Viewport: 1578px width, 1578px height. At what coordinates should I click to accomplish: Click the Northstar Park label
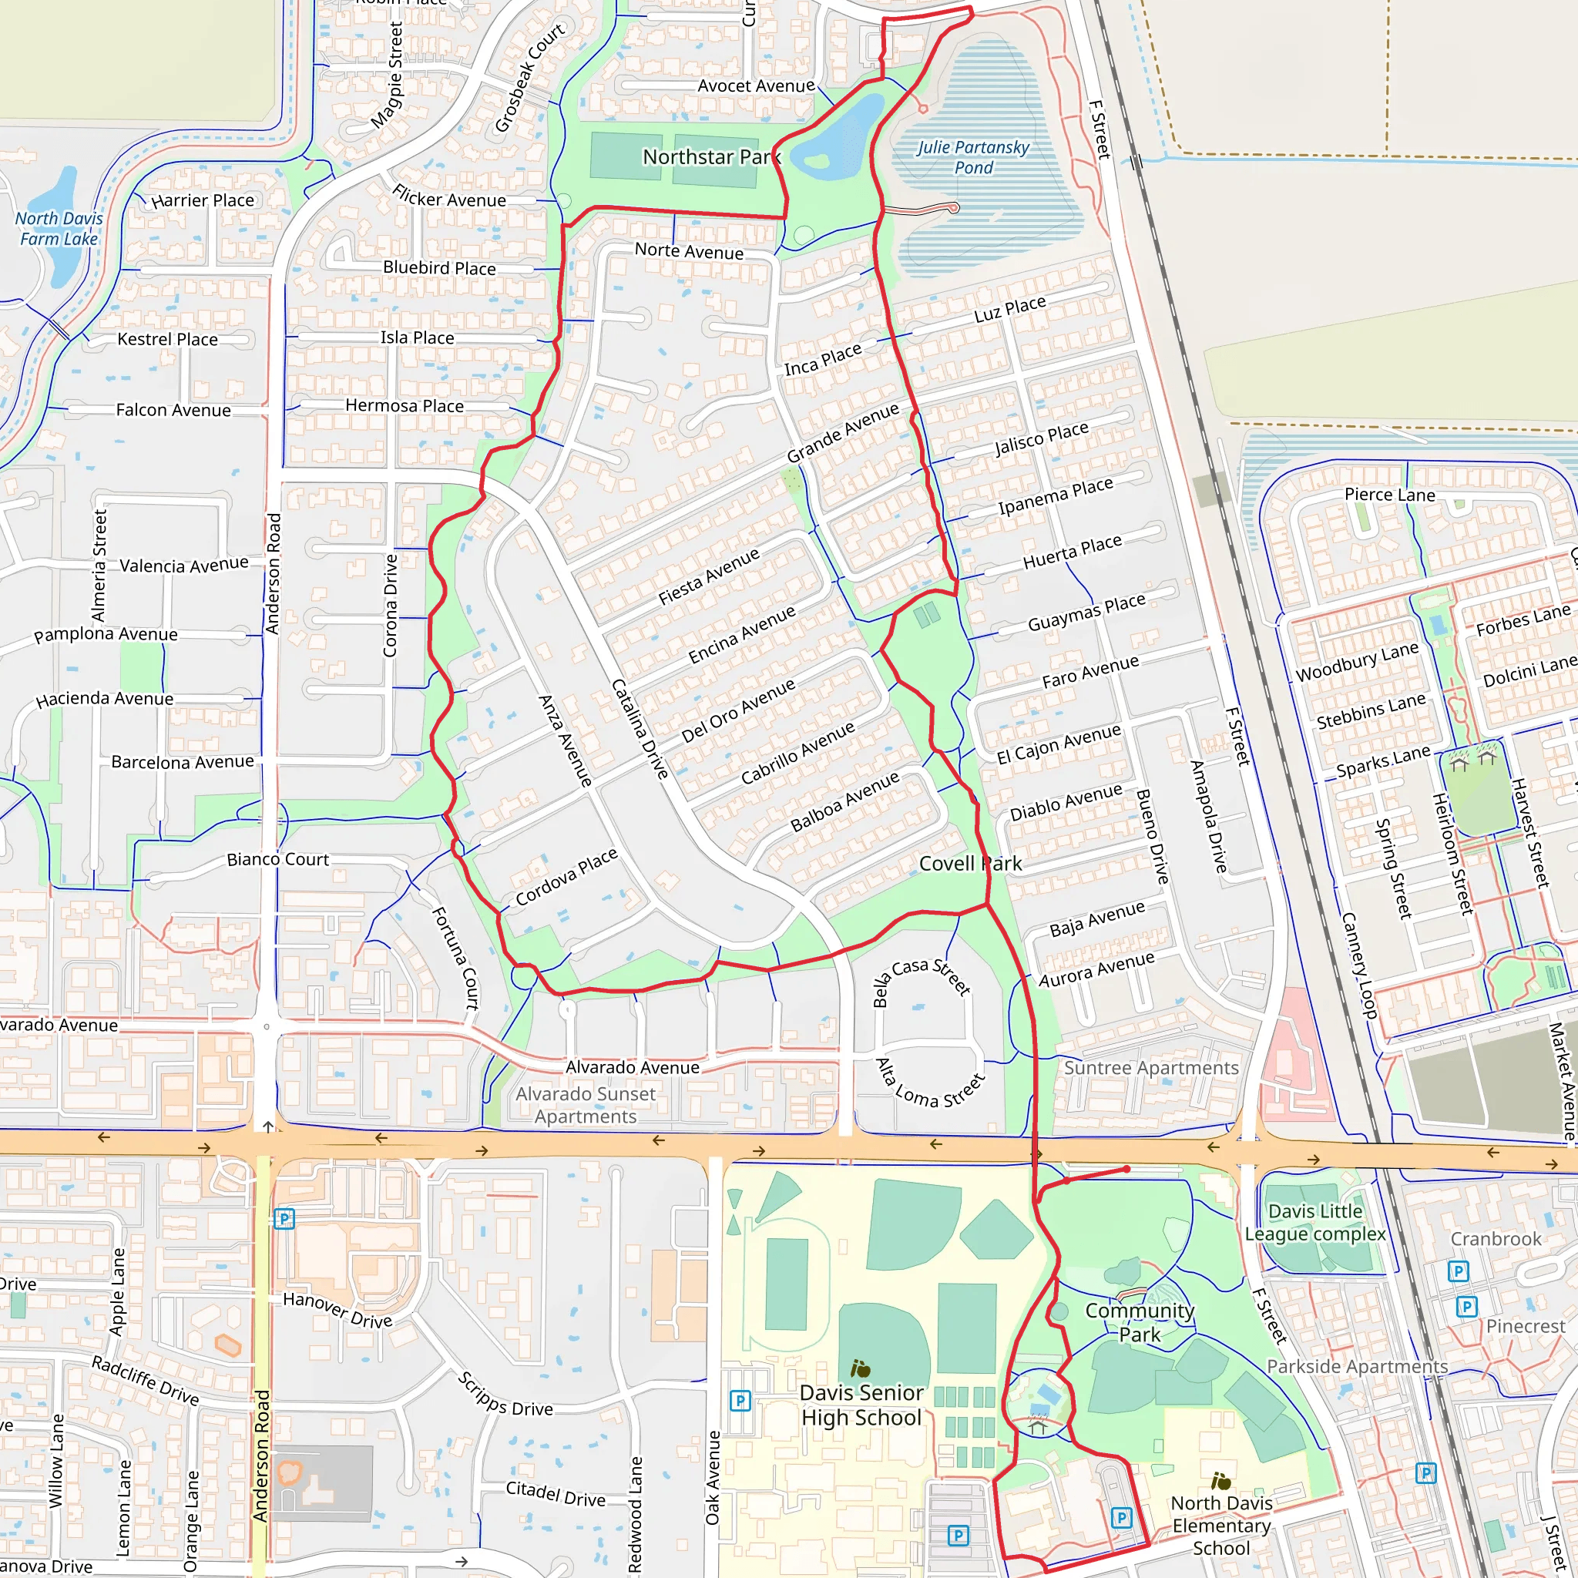click(x=711, y=157)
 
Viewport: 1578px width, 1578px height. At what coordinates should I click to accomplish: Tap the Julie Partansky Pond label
click(x=973, y=158)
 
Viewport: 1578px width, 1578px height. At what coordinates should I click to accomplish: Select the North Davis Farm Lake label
click(x=59, y=229)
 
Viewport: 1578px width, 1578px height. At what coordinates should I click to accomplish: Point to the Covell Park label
click(x=970, y=863)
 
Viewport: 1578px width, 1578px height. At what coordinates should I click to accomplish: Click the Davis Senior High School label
click(x=861, y=1405)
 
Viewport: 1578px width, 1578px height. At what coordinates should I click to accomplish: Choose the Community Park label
click(x=1140, y=1322)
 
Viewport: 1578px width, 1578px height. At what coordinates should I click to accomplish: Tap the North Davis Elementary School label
click(x=1221, y=1526)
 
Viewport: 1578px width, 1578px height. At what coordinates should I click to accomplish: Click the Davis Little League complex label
click(x=1315, y=1223)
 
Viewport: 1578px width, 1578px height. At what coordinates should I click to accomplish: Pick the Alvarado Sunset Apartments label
click(x=586, y=1105)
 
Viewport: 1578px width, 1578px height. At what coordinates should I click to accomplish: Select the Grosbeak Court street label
click(x=529, y=78)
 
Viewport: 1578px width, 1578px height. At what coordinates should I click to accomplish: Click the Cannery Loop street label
click(x=1359, y=965)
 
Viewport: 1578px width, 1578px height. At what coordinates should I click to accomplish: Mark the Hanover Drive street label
click(x=337, y=1309)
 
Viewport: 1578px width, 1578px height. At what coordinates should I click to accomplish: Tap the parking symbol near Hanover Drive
click(x=284, y=1220)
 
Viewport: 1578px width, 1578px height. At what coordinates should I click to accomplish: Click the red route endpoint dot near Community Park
click(x=1126, y=1170)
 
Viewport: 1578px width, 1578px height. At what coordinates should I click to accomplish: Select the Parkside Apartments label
click(x=1357, y=1366)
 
